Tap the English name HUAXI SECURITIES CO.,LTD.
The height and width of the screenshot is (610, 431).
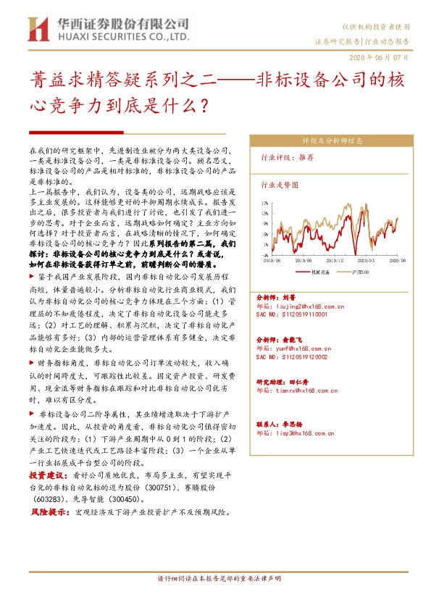click(x=120, y=36)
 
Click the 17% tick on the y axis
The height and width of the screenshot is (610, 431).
click(x=265, y=204)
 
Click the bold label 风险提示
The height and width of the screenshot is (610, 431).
click(x=46, y=512)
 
